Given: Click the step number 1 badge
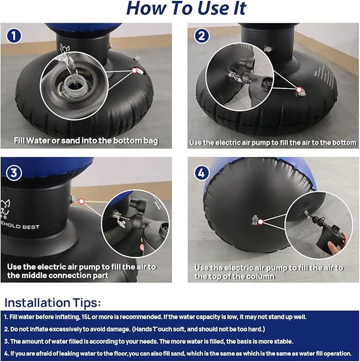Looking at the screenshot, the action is click(14, 36).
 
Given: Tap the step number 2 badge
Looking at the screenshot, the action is click(201, 36).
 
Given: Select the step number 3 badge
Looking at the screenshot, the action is click(14, 173).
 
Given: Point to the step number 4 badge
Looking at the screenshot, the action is click(201, 173).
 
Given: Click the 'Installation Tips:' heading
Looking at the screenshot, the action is click(52, 303).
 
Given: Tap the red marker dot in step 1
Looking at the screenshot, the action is click(134, 70).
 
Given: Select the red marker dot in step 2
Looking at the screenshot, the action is click(299, 90).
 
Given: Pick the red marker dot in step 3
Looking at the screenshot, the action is click(81, 201).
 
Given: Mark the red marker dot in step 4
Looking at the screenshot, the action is click(260, 222).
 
